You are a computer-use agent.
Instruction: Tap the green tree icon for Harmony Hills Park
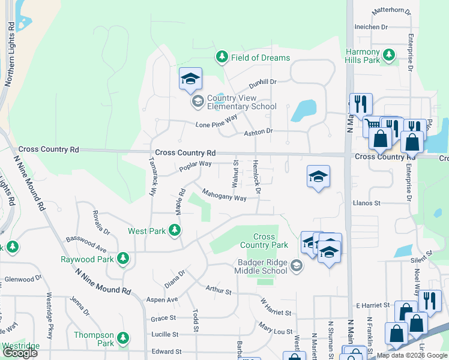coord(390,56)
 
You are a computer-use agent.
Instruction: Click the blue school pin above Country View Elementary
coord(190,79)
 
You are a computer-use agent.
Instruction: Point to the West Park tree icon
coord(174,230)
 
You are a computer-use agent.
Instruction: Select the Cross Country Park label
coord(264,241)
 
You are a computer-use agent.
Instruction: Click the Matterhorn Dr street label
coord(391,11)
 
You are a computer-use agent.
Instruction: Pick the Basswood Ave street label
coord(86,244)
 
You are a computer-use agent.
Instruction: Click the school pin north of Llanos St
coord(318,176)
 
